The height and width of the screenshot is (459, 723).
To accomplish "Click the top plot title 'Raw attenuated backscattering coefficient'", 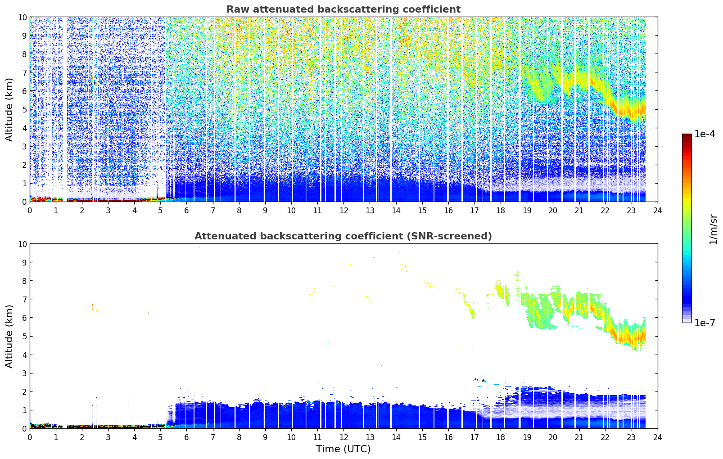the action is [x=343, y=9].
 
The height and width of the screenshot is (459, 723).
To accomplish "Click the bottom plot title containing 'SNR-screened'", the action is [x=343, y=236].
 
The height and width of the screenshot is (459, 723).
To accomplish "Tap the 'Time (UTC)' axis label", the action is [x=343, y=449].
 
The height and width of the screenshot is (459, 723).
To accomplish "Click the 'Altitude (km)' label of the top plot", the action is [x=9, y=110].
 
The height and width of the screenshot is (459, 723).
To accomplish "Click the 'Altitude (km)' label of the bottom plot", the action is [x=9, y=337].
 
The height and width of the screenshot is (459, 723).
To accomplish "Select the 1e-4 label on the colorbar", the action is [x=705, y=134].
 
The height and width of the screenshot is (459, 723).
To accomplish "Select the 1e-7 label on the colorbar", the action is [x=705, y=323].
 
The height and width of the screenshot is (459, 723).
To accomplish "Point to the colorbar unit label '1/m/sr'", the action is [x=713, y=229].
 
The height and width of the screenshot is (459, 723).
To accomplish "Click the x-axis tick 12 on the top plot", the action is [x=344, y=211].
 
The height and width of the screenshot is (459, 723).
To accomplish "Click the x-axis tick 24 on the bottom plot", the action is [x=657, y=437].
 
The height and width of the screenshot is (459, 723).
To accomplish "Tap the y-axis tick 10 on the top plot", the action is [x=22, y=17].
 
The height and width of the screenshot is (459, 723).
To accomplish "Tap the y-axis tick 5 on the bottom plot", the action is [x=24, y=337].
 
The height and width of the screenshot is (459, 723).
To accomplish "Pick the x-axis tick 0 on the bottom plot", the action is [x=30, y=437].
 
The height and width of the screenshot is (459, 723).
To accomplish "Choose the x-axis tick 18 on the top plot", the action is [x=501, y=211].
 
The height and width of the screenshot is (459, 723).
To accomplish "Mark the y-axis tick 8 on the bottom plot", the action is [x=24, y=281].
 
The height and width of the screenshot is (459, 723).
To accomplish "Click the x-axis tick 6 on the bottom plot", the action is [x=186, y=437].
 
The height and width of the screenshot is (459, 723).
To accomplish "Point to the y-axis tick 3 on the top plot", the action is [x=24, y=147].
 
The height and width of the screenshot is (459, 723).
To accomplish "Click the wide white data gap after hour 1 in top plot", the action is [x=64, y=109].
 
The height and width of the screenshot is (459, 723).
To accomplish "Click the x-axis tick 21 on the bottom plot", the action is [x=579, y=437].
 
